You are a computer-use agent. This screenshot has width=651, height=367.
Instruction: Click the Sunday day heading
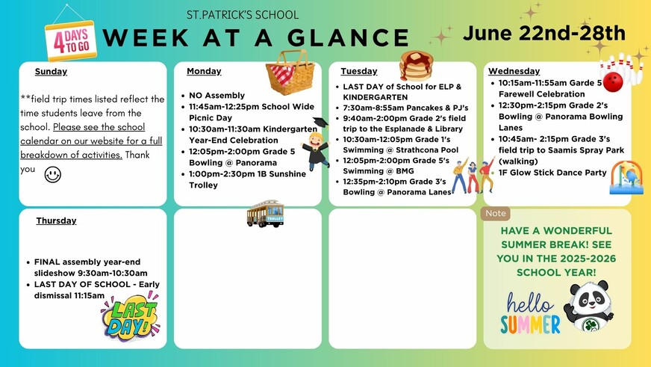(x=51, y=72)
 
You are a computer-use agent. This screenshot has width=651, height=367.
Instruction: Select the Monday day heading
(x=204, y=71)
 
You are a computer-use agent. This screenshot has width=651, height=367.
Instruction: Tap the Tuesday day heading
(x=359, y=71)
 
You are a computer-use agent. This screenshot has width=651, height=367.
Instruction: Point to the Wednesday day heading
(x=514, y=71)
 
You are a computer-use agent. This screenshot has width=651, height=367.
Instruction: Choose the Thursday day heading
(x=56, y=220)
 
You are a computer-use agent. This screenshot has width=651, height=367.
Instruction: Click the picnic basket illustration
(x=290, y=73)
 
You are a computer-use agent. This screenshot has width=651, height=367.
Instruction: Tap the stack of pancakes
(x=416, y=66)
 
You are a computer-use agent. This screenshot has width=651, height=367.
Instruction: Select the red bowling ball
(x=613, y=82)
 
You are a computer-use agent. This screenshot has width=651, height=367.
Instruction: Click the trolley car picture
(x=265, y=214)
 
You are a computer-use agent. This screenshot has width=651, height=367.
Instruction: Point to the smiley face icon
(x=53, y=175)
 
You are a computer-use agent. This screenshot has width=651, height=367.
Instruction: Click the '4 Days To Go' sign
(x=71, y=40)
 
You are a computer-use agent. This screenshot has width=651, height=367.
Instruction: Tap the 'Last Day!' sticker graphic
(x=130, y=316)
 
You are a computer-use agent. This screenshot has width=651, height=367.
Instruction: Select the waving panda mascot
(x=589, y=306)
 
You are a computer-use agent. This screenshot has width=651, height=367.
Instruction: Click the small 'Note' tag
(x=496, y=213)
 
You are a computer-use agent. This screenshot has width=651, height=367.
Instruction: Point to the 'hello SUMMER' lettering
(x=530, y=313)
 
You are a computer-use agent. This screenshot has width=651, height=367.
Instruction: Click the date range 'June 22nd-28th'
(x=544, y=33)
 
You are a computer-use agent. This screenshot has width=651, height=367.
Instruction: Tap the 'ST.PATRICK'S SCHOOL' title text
(x=243, y=15)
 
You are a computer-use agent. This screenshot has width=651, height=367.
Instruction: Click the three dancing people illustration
(x=473, y=176)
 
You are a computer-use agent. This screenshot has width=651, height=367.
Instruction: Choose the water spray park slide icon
(x=626, y=178)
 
